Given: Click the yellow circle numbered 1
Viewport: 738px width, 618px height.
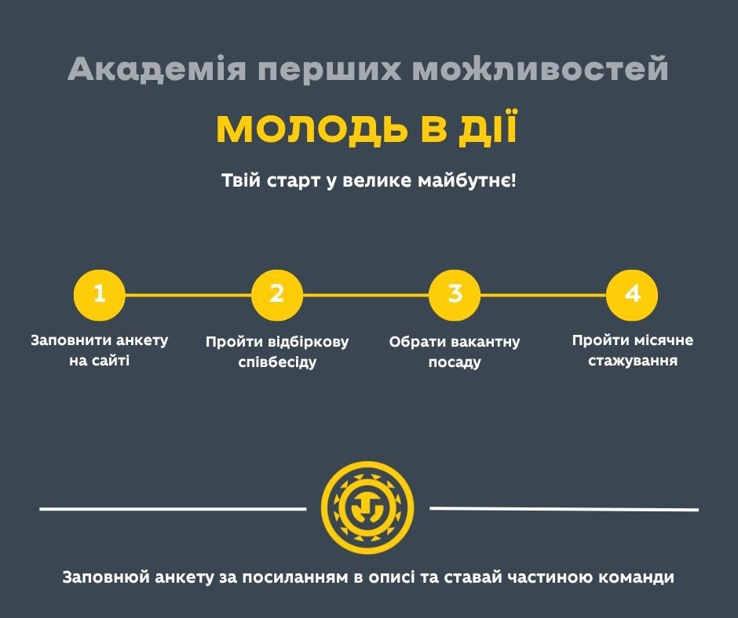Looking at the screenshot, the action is [99, 295].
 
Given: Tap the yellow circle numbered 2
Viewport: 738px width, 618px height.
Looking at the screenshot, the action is [276, 295].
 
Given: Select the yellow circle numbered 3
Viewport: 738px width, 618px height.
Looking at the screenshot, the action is [455, 295].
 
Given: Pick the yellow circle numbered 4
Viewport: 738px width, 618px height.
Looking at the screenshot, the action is [632, 295].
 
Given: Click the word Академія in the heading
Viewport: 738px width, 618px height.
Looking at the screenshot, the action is [157, 69].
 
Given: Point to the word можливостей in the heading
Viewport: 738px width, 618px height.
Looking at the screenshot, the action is [540, 69].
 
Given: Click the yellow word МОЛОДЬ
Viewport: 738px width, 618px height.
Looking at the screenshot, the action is [311, 129].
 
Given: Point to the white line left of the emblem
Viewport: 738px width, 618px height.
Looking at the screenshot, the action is [173, 508].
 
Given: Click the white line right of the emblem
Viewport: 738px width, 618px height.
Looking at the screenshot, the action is [564, 508].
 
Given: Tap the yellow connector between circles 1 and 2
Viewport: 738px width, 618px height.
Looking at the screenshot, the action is [188, 296].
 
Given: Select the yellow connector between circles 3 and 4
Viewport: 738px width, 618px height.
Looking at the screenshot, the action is [543, 296].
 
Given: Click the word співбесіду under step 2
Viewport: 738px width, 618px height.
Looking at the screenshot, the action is [277, 362].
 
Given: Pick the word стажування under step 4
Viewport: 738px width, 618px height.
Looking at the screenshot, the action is [633, 362].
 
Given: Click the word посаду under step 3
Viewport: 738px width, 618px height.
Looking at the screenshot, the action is [455, 362].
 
